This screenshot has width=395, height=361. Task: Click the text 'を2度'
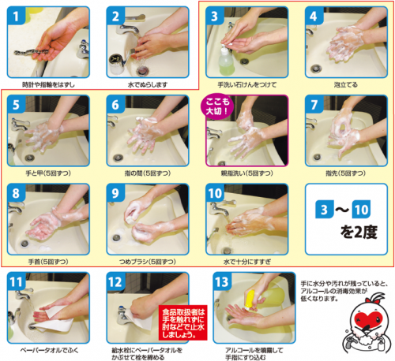click(344, 232)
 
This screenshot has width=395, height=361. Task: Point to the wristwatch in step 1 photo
click(29, 52)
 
